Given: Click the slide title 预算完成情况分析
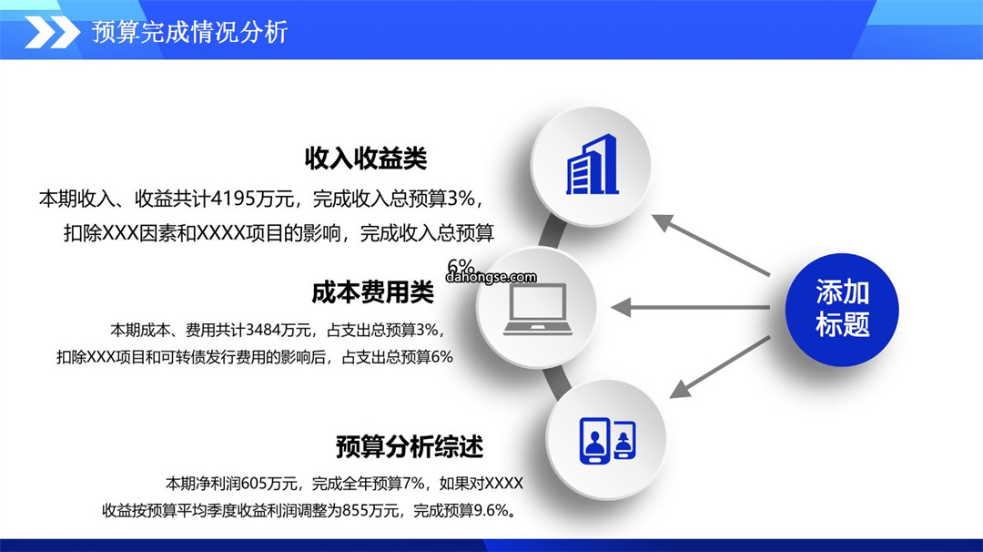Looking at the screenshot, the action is click(190, 32).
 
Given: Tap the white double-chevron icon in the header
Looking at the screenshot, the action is click(53, 33).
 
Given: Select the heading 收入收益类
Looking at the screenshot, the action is click(366, 158).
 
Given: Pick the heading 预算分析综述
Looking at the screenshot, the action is click(410, 447).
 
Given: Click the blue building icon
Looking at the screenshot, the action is click(592, 165).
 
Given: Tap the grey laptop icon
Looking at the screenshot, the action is click(538, 309).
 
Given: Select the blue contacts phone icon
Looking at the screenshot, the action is click(607, 440).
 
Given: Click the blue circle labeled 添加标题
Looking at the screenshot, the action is click(842, 309).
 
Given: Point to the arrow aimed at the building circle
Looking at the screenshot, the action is click(710, 245).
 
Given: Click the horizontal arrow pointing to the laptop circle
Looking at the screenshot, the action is click(690, 307).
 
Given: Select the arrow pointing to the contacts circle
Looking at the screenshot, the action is click(720, 368).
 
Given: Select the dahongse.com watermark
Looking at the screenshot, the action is click(491, 277).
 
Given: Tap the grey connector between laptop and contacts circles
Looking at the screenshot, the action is click(557, 382).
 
